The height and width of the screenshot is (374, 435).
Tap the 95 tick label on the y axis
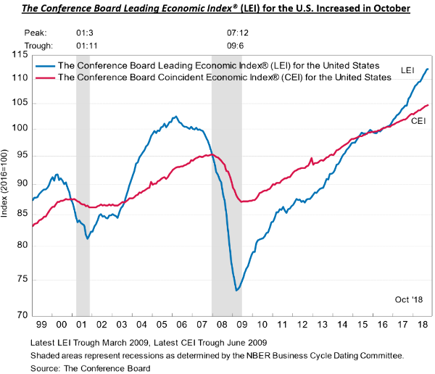tap(20, 155)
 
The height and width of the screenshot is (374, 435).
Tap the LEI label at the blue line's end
tap(407, 70)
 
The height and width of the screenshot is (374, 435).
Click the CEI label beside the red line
tap(418, 120)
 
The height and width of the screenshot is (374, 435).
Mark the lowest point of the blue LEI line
tap(236, 291)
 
